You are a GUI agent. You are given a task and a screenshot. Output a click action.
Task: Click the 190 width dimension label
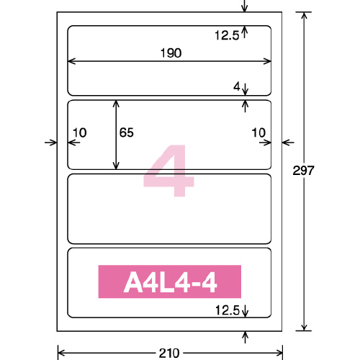pyautogui.click(x=171, y=53)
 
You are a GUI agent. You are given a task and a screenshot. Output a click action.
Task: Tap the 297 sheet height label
pyautogui.click(x=303, y=171)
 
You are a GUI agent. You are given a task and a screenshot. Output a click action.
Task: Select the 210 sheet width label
pyautogui.click(x=169, y=354)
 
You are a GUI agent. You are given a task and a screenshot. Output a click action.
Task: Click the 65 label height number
pyautogui.click(x=127, y=132)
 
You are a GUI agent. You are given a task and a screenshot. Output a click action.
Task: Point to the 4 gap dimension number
pyautogui.click(x=237, y=86)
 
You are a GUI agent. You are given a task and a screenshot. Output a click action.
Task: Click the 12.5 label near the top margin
pyautogui.click(x=227, y=35)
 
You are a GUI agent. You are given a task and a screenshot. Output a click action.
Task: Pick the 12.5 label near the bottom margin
pyautogui.click(x=228, y=310)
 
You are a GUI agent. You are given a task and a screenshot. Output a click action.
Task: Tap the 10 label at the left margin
pyautogui.click(x=80, y=132)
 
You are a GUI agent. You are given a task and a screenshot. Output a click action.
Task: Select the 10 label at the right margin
pyautogui.click(x=258, y=132)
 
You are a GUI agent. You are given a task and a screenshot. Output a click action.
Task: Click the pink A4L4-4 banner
pyautogui.click(x=170, y=282)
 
